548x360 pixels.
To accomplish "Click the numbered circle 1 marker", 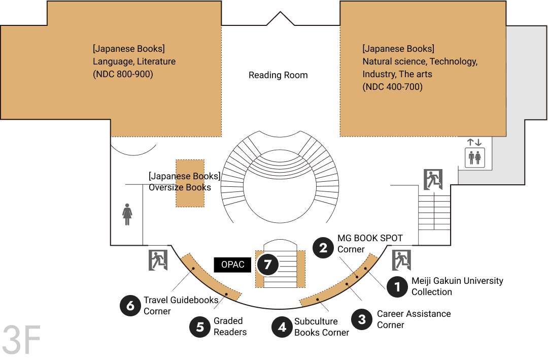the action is click(x=397, y=287).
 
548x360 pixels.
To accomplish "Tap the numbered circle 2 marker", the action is click(x=323, y=248).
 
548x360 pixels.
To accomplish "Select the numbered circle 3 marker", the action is click(x=362, y=319).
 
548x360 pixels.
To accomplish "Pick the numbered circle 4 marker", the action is click(x=283, y=327).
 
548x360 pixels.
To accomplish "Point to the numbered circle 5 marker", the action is click(x=200, y=327).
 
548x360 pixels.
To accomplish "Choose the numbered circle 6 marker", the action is click(x=130, y=306).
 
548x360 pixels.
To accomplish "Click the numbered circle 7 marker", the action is click(x=268, y=265).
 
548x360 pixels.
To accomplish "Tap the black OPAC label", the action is click(x=232, y=265).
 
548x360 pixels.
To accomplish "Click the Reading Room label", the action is click(x=278, y=75).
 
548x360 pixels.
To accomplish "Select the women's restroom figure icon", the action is click(x=127, y=214).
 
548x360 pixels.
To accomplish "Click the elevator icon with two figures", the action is click(x=474, y=158).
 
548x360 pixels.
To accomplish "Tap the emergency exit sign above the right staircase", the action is click(x=433, y=179).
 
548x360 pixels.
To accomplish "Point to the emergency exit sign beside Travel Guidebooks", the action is click(x=158, y=260).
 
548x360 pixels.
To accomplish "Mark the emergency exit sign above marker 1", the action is click(x=401, y=260).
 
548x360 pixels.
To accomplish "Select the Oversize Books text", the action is click(x=180, y=187).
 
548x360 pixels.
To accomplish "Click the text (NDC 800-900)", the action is click(x=123, y=74).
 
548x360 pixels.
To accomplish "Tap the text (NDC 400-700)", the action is click(x=392, y=87).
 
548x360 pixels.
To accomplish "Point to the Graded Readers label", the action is click(x=230, y=326).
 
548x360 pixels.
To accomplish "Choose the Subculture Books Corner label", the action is click(x=322, y=327).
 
